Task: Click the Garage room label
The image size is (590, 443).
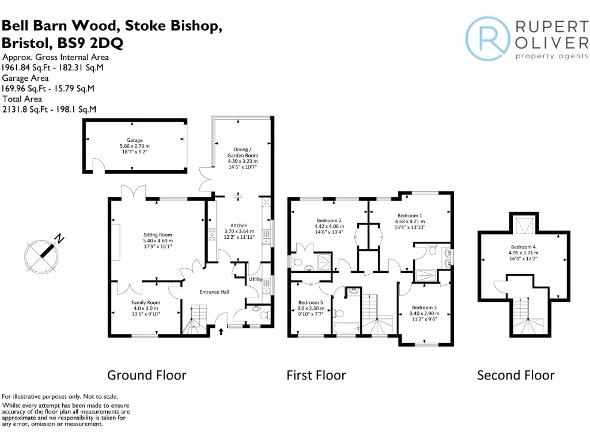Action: point(135,140)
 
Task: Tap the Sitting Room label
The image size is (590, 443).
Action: point(158,235)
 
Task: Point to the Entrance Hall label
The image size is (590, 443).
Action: point(214,292)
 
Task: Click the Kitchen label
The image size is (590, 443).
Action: point(239,226)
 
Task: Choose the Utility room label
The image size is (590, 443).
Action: point(255,280)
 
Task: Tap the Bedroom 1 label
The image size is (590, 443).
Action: point(410,215)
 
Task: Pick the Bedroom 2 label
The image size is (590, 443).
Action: point(329,220)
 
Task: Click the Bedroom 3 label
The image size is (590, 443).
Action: point(424,307)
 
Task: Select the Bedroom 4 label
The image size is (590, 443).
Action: point(523,247)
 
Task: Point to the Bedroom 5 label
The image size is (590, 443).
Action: point(310,302)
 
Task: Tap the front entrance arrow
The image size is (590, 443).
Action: point(222,332)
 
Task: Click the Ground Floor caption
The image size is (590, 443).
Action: point(147,376)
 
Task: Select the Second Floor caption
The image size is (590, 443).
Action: point(516,376)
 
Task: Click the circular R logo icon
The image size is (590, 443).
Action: point(488,38)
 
